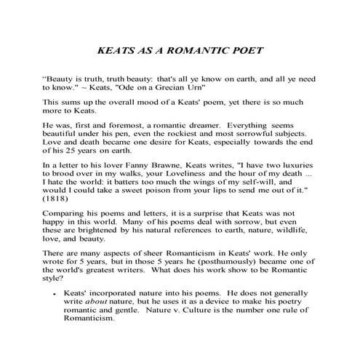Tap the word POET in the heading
(245, 52)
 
